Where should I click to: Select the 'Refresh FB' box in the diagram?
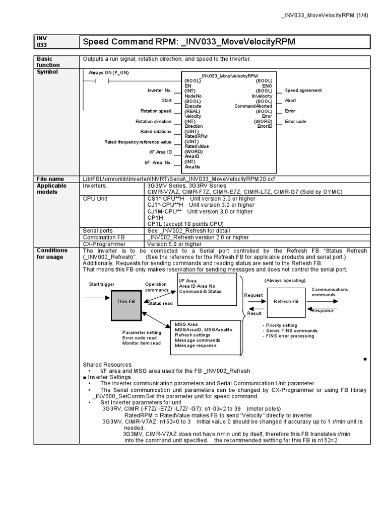tap(286, 301)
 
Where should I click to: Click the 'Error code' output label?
tap(295, 121)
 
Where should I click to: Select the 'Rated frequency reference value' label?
tap(138, 142)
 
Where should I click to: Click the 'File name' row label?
tap(50, 179)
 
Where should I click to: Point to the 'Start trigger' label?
tap(102, 284)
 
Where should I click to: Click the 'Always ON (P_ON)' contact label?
tap(108, 72)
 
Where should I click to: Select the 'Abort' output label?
tap(290, 101)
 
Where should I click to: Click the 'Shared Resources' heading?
tap(107, 365)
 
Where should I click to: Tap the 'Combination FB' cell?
tap(104, 237)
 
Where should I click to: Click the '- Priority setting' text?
tap(280, 325)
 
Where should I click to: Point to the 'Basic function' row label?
tap(48, 62)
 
